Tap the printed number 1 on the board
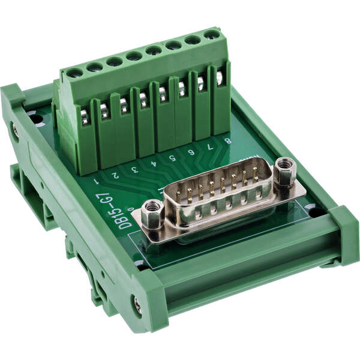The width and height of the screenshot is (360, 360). point(95,181)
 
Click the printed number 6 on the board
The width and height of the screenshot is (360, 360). point(191,151)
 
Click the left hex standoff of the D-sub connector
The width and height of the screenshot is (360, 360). point(152,214)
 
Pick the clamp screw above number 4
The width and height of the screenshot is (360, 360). point(143,100)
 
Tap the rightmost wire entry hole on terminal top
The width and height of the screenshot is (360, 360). point(211,35)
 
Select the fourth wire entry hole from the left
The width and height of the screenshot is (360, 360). point(134,56)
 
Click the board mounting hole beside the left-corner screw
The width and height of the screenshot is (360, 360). point(36,119)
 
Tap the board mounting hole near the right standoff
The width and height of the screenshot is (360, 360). point(313,210)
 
